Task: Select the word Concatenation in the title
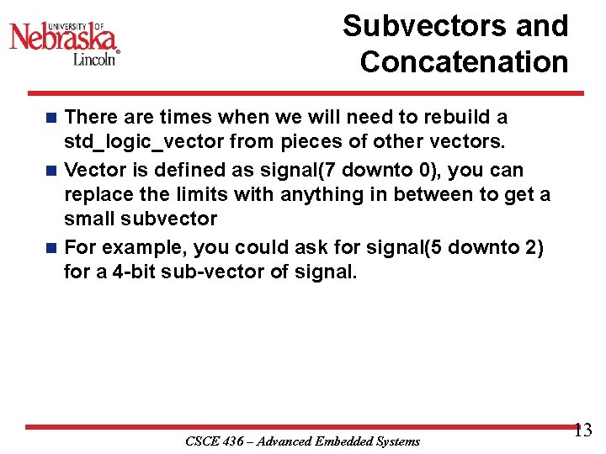[x=464, y=62]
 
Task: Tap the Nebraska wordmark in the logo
[x=63, y=38]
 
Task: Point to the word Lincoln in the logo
[x=94, y=59]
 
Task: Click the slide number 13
[x=582, y=430]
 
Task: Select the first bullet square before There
[x=52, y=118]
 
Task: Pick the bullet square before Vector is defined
[x=52, y=171]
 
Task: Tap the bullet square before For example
[x=52, y=248]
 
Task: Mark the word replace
[x=96, y=195]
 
